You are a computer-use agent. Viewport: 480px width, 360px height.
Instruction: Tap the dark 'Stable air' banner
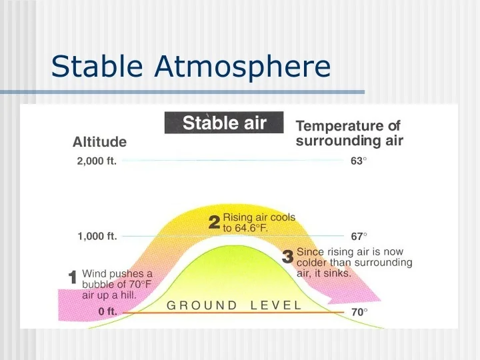click(x=224, y=123)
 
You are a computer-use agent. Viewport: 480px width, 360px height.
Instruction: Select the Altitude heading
click(x=99, y=142)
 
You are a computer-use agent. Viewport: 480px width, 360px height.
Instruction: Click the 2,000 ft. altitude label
click(x=97, y=161)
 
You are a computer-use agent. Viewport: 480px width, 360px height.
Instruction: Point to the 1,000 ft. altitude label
click(x=97, y=236)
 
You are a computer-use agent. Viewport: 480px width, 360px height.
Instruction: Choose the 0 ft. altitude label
click(x=107, y=311)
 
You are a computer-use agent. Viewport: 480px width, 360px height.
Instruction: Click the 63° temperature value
click(x=359, y=161)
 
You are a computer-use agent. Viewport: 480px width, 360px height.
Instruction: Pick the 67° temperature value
click(x=359, y=236)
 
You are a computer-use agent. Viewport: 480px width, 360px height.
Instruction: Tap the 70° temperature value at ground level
click(x=359, y=312)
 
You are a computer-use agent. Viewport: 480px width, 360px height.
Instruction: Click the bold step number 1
click(x=73, y=277)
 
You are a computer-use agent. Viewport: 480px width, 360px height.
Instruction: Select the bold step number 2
click(x=214, y=223)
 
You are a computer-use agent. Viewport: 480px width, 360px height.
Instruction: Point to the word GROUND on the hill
click(x=202, y=305)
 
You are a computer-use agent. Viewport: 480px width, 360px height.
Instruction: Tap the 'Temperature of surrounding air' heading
click(x=349, y=133)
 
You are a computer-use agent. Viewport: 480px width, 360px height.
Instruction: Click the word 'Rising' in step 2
click(x=237, y=217)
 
